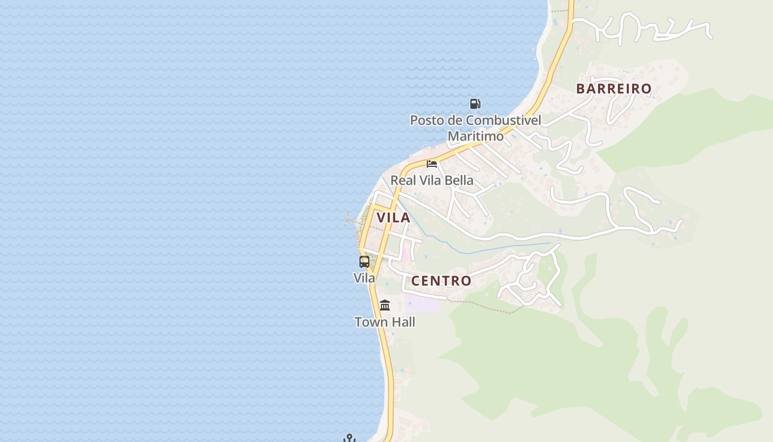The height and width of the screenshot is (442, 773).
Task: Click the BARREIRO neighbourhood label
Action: tap(613, 88)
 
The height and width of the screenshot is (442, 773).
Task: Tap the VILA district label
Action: tap(393, 218)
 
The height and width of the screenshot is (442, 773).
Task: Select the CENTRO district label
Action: tap(441, 281)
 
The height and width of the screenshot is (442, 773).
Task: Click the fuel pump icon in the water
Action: tap(475, 103)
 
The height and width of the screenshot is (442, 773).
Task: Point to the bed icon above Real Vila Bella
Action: tap(432, 164)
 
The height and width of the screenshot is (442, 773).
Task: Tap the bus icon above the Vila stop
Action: tap(364, 262)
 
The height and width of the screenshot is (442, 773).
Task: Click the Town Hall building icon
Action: tap(385, 305)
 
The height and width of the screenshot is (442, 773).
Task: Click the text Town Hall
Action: tap(385, 322)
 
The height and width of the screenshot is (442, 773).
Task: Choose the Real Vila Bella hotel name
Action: tap(432, 180)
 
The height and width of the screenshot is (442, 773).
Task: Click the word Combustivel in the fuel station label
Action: tap(503, 120)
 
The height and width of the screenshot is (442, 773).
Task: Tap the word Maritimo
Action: tap(475, 136)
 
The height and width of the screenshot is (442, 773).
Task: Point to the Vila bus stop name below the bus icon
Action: tap(364, 278)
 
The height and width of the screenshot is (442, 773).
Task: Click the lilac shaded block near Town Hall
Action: tap(423, 303)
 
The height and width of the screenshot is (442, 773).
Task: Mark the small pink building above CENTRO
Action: tap(405, 255)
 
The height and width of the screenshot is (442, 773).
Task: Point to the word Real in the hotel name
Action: tap(402, 180)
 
